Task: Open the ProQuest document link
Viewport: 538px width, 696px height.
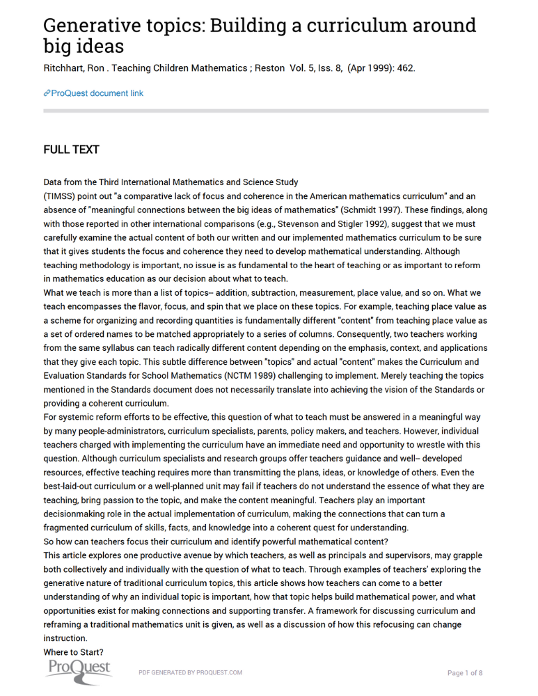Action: pos(97,93)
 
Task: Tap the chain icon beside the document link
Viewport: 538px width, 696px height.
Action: pos(47,93)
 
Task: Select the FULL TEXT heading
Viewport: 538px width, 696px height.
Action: pos(71,150)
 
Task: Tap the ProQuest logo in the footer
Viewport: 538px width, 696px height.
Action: pos(79,670)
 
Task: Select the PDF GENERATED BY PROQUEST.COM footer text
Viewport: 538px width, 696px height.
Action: pos(190,673)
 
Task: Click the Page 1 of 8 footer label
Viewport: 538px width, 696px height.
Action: pos(464,673)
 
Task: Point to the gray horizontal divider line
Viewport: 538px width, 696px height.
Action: pos(266,111)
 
